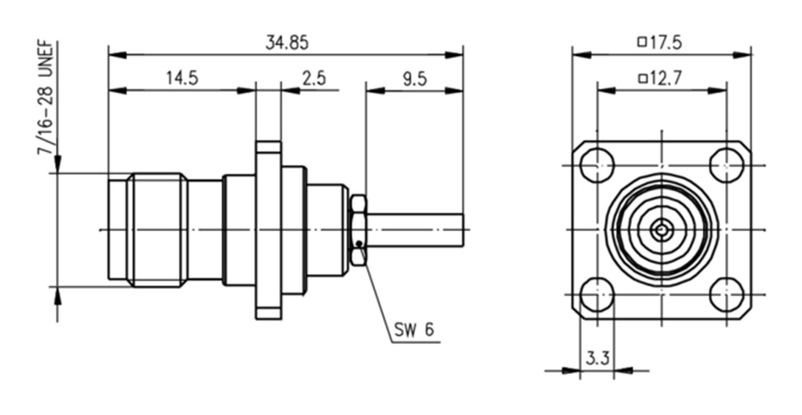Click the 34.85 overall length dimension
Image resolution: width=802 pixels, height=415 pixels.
click(287, 43)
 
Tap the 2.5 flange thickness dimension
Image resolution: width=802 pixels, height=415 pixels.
click(314, 78)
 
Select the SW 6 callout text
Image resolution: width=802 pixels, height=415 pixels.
click(414, 329)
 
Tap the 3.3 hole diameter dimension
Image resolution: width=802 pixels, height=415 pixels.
click(598, 359)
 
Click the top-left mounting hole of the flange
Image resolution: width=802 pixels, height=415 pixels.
click(597, 165)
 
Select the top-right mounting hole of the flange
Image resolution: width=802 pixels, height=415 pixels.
click(726, 165)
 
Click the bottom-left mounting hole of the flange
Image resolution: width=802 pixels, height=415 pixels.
click(597, 295)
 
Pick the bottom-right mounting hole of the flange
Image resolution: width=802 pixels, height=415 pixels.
click(726, 295)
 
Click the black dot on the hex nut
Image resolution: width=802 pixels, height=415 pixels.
click(359, 243)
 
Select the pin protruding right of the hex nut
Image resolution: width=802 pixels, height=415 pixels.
click(416, 230)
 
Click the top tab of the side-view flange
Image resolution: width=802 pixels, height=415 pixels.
click(268, 147)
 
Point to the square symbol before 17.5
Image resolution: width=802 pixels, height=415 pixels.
click(642, 42)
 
